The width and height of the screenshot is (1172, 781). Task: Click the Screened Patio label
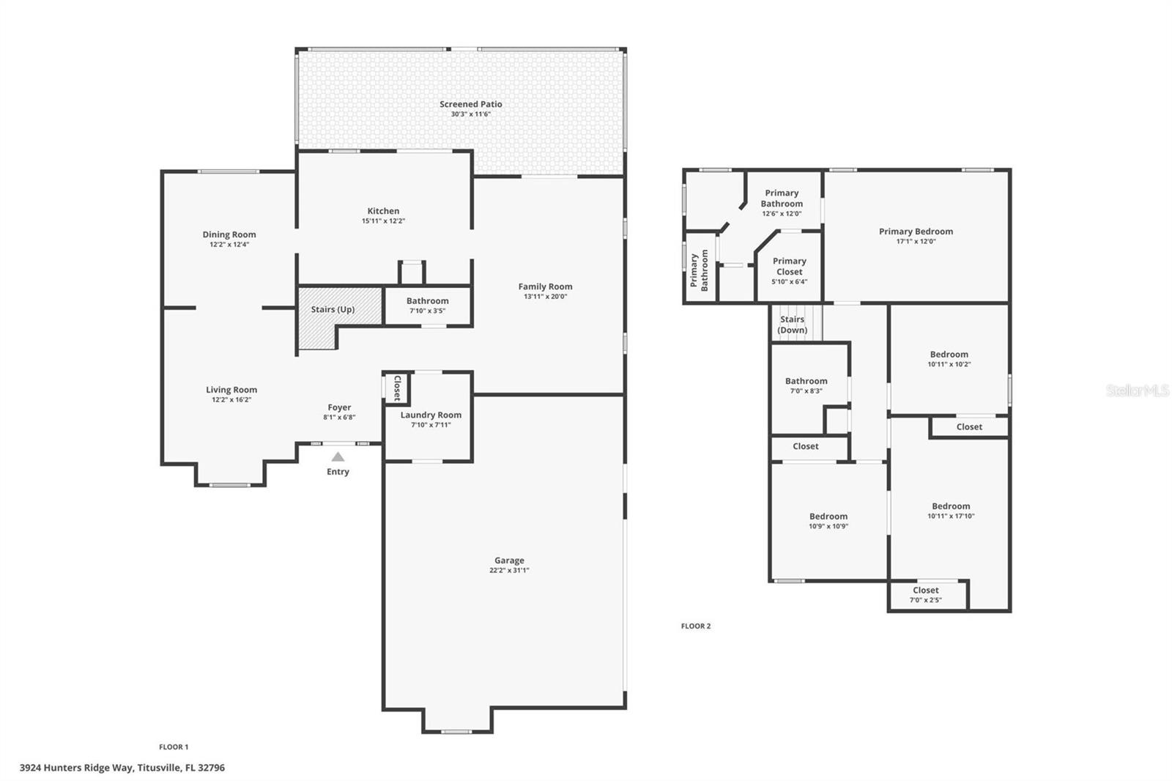click(x=470, y=104)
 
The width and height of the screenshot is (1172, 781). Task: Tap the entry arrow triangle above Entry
click(x=338, y=457)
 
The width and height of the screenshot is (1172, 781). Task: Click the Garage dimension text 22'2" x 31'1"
click(x=509, y=571)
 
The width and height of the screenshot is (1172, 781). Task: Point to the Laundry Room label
click(x=431, y=415)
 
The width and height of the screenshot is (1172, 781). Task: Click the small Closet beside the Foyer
click(x=396, y=388)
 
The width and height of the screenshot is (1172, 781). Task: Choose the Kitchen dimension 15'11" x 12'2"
click(x=383, y=221)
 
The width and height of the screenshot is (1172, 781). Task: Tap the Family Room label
click(x=545, y=286)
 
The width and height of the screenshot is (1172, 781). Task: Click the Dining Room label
click(x=229, y=234)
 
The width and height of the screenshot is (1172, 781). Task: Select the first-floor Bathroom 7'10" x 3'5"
click(x=427, y=306)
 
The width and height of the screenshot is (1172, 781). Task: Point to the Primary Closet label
click(x=789, y=266)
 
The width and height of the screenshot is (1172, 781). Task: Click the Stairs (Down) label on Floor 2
click(x=792, y=325)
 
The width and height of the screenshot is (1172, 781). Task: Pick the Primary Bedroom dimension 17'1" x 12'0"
click(x=916, y=242)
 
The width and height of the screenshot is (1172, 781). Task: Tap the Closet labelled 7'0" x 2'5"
click(x=926, y=595)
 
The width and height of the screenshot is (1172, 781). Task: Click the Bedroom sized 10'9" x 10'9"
click(x=828, y=521)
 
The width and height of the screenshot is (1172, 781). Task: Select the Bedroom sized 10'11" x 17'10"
click(x=951, y=511)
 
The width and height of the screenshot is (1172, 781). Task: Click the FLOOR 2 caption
click(x=696, y=626)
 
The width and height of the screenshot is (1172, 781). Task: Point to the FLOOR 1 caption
click(x=174, y=747)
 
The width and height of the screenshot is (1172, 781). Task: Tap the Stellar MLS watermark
click(x=1137, y=391)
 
